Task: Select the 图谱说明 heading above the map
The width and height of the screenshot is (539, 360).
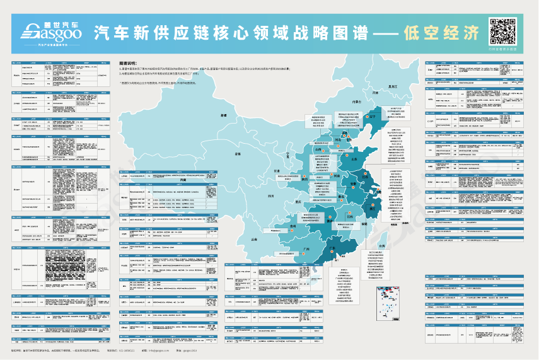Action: [x=128, y=64]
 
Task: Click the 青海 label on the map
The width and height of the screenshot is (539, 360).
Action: [x=238, y=153]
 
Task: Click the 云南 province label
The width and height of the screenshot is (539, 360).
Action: [x=253, y=240]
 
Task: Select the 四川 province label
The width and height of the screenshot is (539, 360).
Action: [x=270, y=196]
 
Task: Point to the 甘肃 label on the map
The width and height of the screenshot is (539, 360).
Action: [x=276, y=171]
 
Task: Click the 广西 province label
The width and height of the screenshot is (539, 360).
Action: [x=306, y=249]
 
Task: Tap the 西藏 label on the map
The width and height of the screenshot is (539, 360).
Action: [x=183, y=180]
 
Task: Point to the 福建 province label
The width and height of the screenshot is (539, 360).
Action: [x=364, y=223]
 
